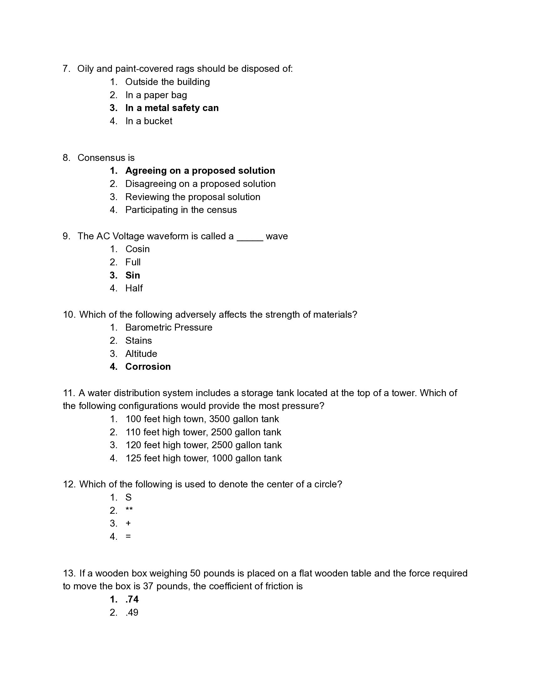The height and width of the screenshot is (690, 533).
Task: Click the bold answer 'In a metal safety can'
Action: (x=172, y=108)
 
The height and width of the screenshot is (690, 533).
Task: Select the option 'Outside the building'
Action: (x=167, y=82)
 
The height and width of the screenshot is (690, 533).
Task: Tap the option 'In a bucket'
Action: (x=148, y=121)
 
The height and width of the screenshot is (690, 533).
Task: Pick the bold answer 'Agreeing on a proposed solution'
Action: (x=200, y=171)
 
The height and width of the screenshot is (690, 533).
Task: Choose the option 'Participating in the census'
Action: (x=181, y=210)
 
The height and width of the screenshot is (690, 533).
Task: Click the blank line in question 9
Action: (x=250, y=237)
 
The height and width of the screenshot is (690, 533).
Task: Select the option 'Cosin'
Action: (x=137, y=249)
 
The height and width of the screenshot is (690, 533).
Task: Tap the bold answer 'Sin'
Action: (x=133, y=275)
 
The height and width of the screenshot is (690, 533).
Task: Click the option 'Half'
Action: (x=134, y=288)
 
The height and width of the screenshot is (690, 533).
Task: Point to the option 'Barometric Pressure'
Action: (x=169, y=327)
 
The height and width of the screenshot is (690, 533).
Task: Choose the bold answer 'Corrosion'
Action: (x=148, y=366)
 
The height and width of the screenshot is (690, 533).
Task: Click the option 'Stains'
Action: (x=138, y=341)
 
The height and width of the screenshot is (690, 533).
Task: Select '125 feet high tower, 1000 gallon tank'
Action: (x=203, y=458)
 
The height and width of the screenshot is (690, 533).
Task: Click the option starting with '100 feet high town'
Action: (x=202, y=419)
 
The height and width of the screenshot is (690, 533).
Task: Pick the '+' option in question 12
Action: (x=128, y=523)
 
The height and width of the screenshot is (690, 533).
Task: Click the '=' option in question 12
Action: (x=128, y=536)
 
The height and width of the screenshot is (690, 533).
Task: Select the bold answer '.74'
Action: (x=132, y=599)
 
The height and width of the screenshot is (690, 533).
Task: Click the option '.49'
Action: (x=132, y=613)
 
